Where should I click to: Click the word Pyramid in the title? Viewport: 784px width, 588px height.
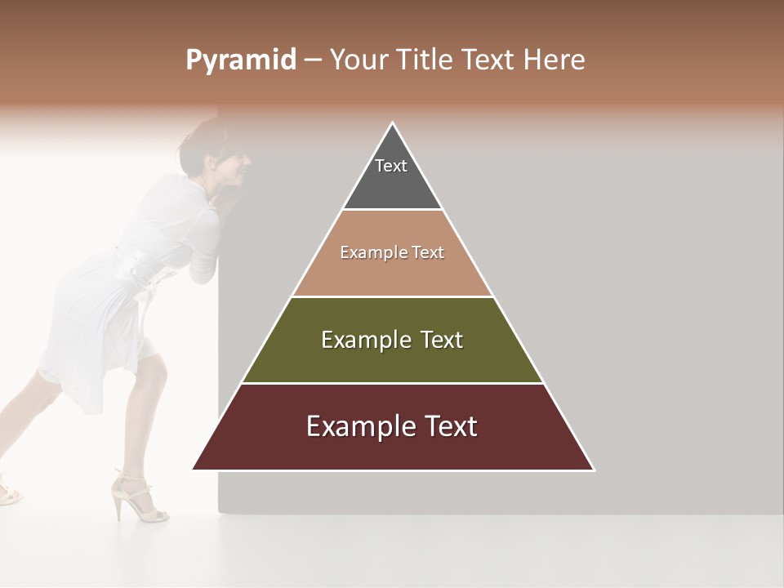(240, 60)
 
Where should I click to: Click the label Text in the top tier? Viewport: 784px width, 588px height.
(391, 166)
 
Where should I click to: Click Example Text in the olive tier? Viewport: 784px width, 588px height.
(392, 340)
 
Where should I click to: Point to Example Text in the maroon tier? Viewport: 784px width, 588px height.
(392, 426)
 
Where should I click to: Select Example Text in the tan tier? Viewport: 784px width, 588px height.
(392, 252)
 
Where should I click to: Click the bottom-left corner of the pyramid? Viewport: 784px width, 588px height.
(194, 469)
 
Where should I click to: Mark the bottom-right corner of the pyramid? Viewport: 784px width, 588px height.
(593, 469)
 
